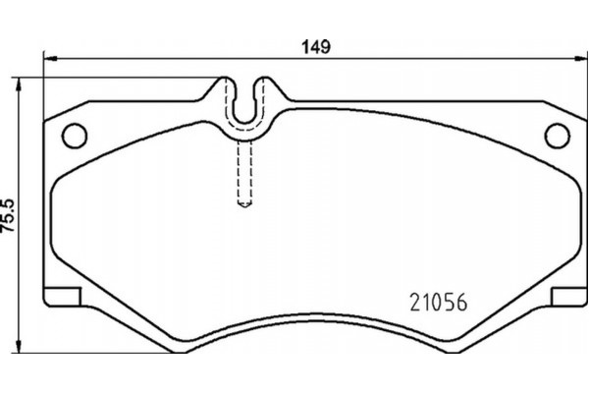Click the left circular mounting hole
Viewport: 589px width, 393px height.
74,133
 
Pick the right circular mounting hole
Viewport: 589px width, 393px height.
556,133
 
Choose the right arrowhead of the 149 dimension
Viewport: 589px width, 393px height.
579,59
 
